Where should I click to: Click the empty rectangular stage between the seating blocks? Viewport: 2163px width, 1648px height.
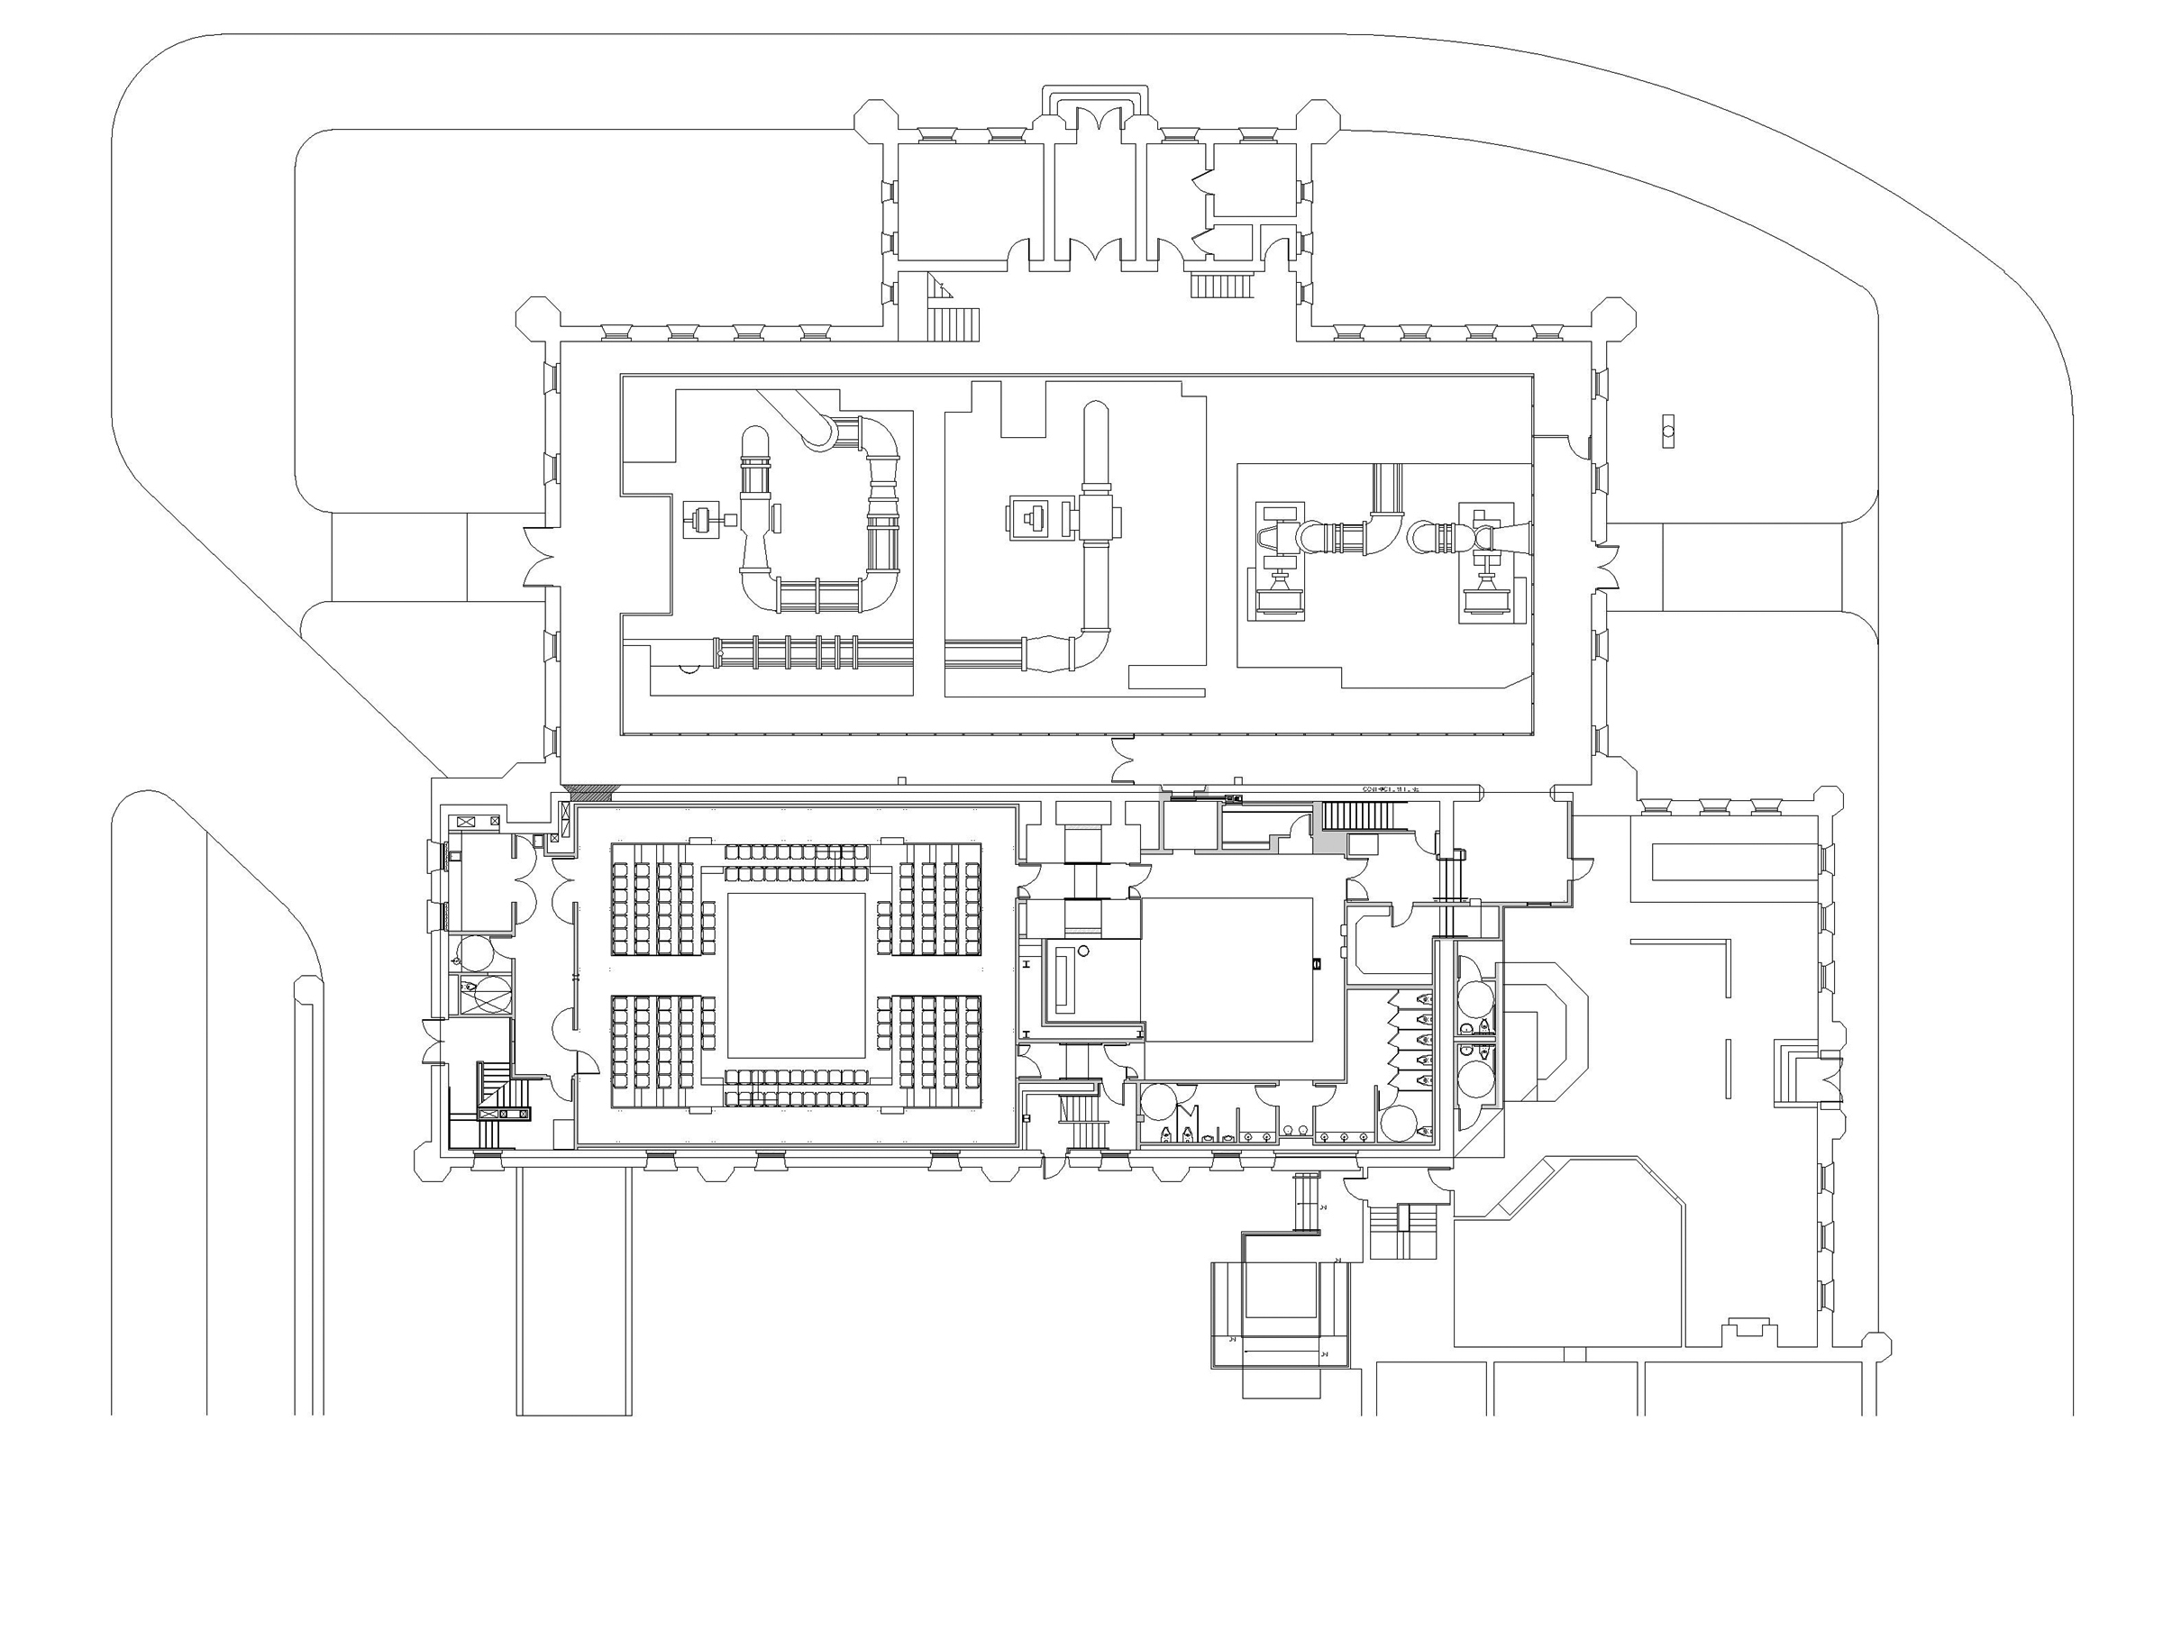795,974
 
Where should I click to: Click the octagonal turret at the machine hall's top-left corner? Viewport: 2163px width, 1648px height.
536,319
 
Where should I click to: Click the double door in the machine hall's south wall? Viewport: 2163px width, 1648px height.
1124,760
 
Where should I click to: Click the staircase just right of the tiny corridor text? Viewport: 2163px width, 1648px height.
1357,815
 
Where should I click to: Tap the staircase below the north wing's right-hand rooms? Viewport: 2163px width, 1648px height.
1222,286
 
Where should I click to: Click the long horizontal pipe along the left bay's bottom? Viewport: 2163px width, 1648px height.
785,652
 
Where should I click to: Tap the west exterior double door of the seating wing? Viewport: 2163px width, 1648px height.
432,1040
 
